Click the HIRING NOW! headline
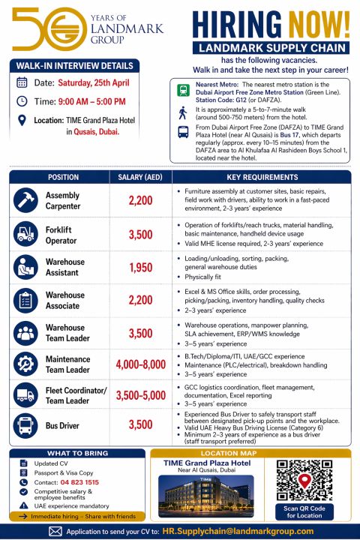(271, 25)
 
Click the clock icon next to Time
(22, 101)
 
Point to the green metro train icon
(184, 90)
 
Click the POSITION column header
(63, 178)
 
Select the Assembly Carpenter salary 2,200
(140, 201)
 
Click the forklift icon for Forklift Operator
(27, 232)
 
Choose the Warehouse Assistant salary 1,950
(140, 268)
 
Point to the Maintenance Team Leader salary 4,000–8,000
(140, 364)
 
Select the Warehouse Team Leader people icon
(27, 332)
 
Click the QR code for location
(304, 480)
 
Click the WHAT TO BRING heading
(77, 453)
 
